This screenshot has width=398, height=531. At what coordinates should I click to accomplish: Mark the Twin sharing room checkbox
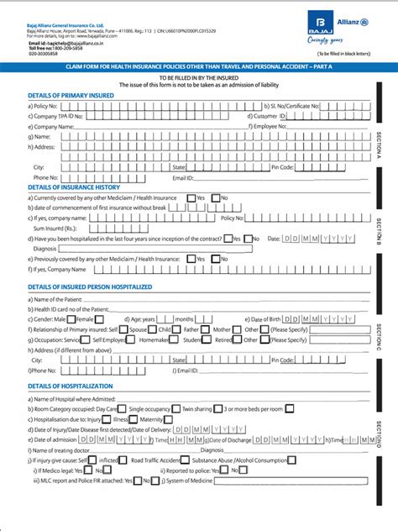pos(217,407)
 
